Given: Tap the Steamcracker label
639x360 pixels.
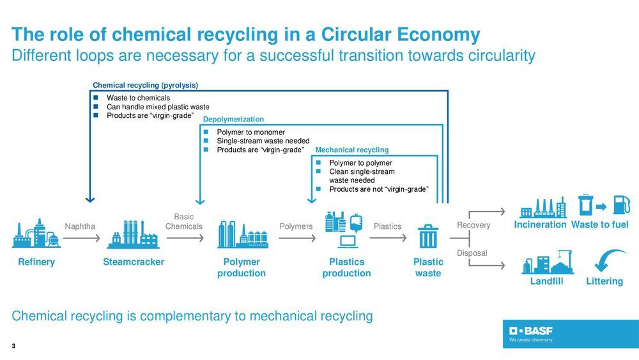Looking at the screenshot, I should (x=134, y=262).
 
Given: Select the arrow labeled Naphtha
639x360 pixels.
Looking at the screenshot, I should (x=81, y=239).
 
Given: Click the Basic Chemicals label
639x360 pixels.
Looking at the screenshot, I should (x=184, y=222).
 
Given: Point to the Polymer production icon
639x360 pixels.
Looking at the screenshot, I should (x=241, y=235).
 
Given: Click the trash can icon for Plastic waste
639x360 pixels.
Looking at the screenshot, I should (x=427, y=236).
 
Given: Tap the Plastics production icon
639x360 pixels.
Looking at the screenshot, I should (x=345, y=230).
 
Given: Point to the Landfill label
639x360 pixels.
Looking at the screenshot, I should (x=546, y=281).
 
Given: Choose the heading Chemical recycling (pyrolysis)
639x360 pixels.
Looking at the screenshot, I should (x=146, y=84).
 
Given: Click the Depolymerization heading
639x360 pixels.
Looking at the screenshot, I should (x=233, y=120).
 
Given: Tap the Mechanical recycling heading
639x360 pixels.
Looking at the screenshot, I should (x=352, y=150).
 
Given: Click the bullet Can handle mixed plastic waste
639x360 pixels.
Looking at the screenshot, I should (x=158, y=107).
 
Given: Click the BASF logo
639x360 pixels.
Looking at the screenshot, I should (x=531, y=331).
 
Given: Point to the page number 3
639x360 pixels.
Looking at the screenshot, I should (x=13, y=346).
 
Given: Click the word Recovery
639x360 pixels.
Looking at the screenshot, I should (x=473, y=225).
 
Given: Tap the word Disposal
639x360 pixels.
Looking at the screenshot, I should (x=472, y=253).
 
